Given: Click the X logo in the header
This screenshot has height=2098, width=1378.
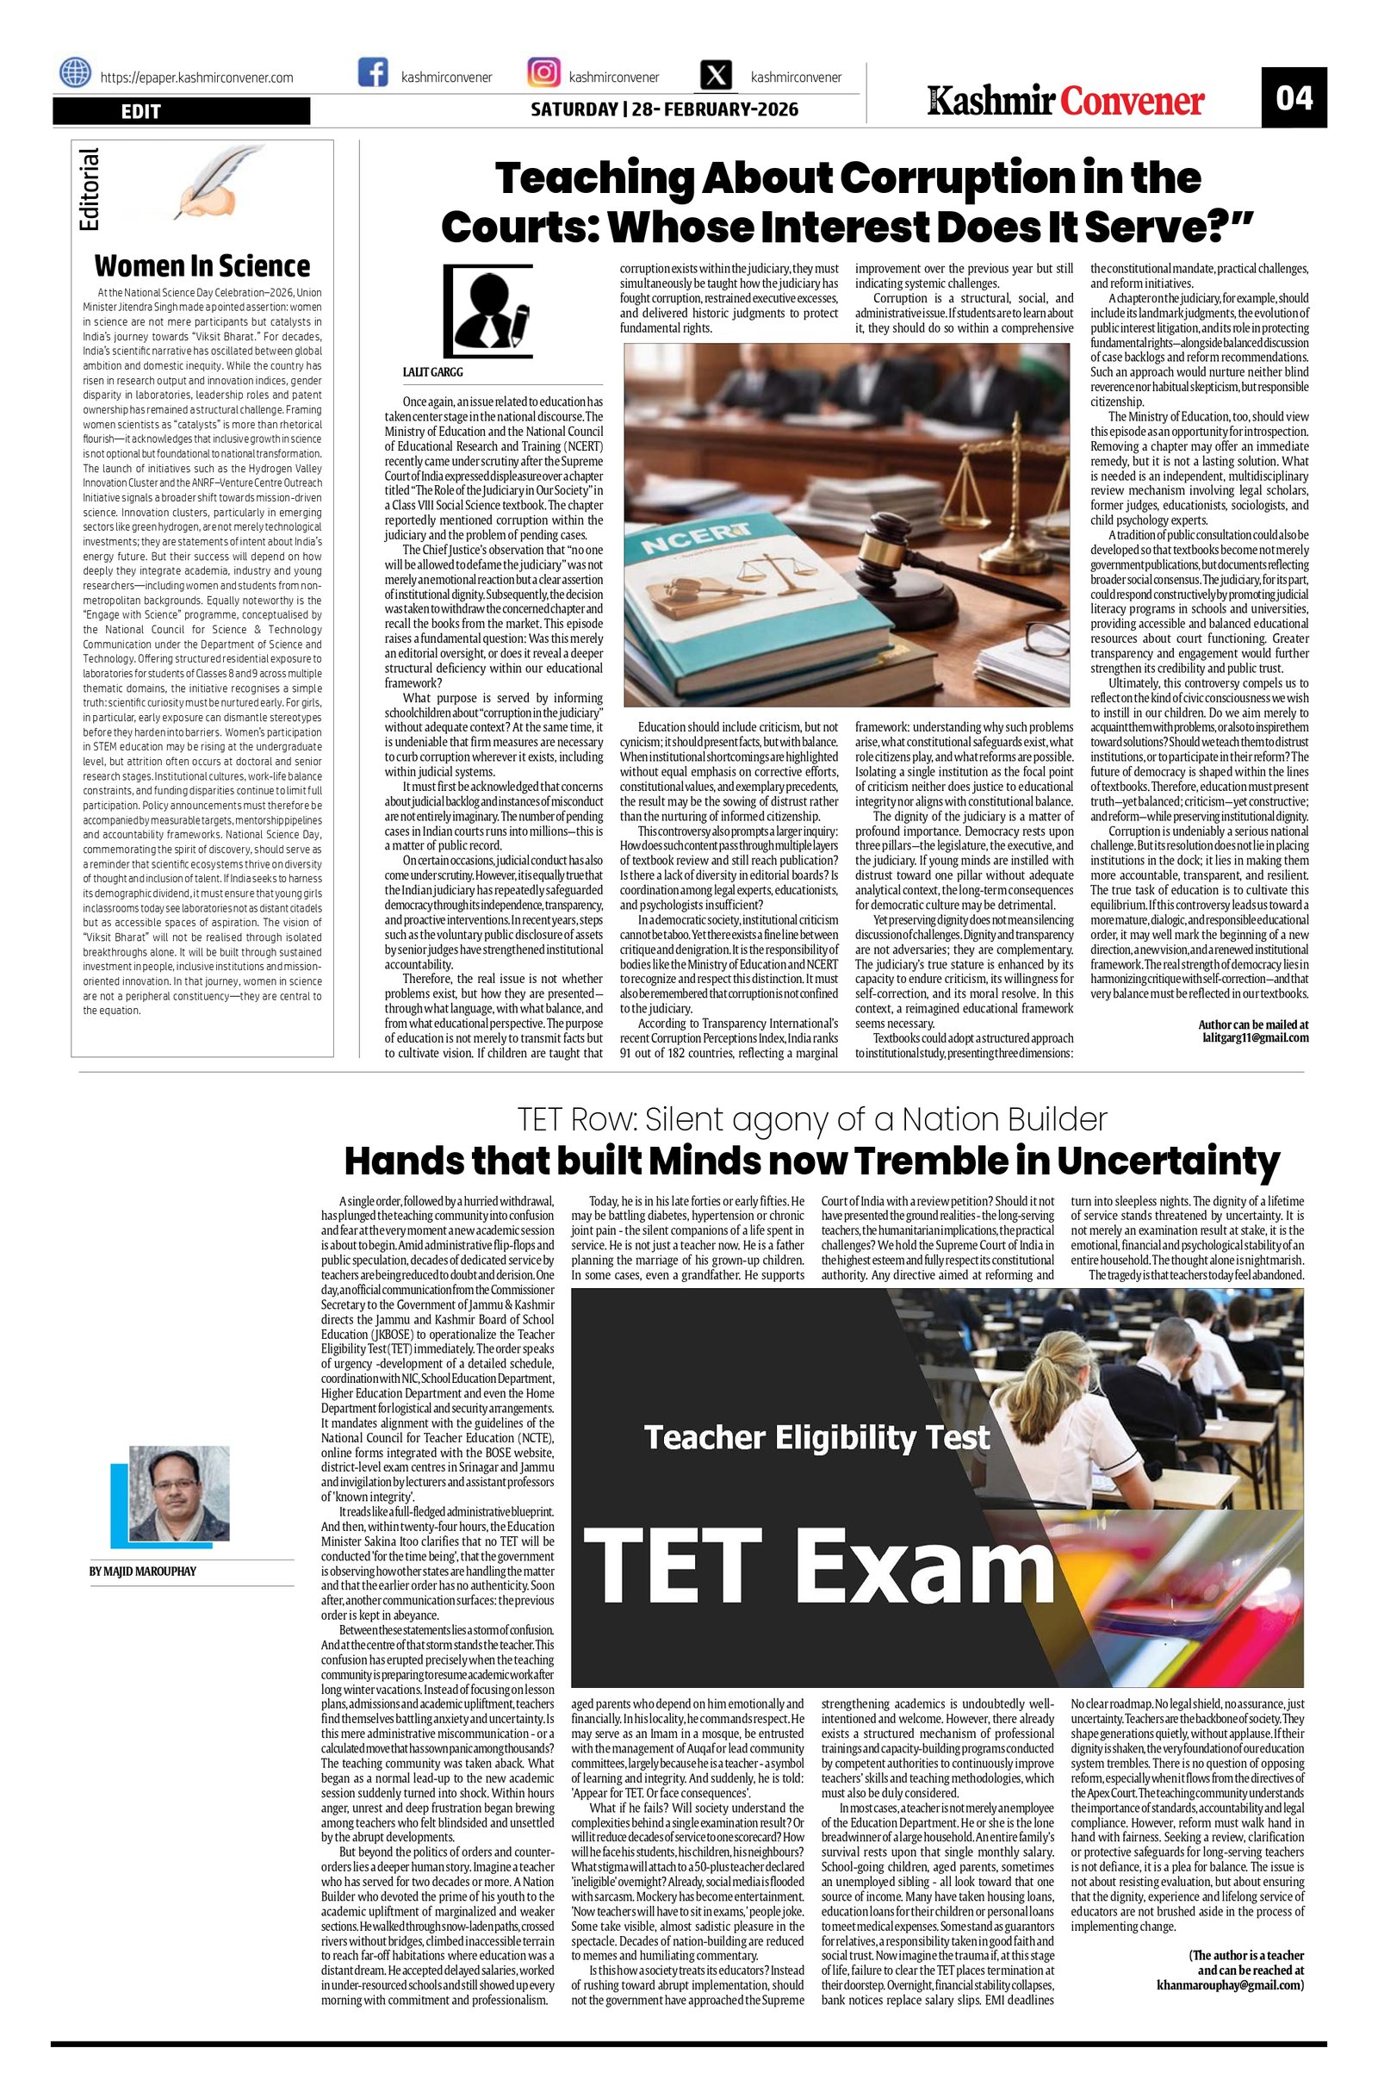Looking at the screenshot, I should click(716, 76).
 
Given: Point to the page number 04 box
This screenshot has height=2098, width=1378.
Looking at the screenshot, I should click(1294, 98).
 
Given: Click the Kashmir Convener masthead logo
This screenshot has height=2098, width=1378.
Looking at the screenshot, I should click(1065, 102).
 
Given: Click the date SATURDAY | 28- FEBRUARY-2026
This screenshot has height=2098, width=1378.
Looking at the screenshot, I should click(664, 109).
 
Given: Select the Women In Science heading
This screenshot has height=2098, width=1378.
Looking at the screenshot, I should click(202, 266).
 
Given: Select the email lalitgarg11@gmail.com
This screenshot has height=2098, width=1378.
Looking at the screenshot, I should click(1255, 1037).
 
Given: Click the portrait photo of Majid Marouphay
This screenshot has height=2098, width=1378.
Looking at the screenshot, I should click(179, 1492).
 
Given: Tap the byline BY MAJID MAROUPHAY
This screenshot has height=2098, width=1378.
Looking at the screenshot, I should click(143, 1572).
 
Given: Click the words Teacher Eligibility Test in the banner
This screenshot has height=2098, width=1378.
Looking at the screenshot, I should click(816, 1438).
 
